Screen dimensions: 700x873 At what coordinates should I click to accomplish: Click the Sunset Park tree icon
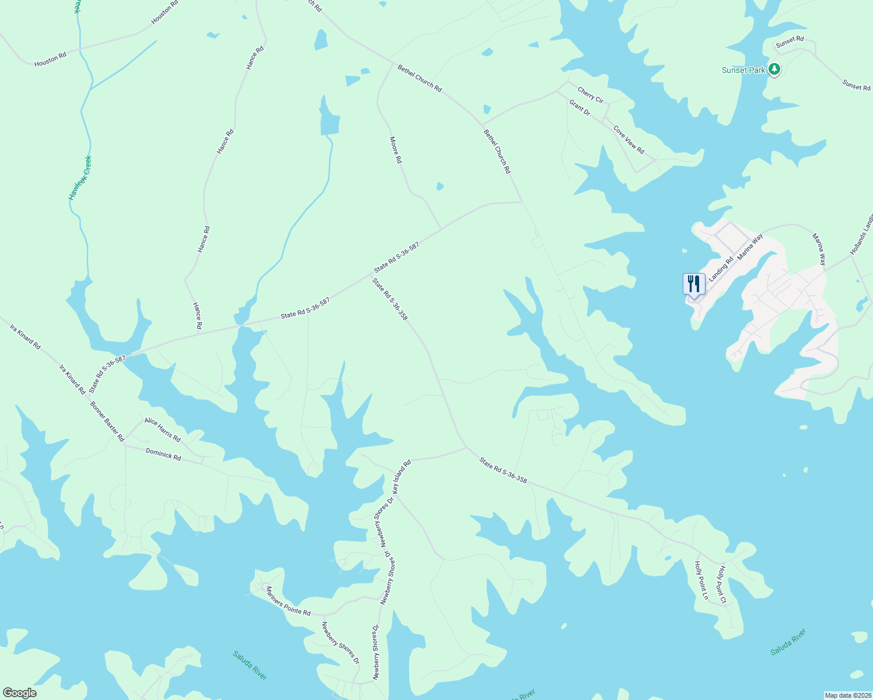coord(774,70)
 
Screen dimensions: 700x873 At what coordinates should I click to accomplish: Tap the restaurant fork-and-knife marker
coord(694,284)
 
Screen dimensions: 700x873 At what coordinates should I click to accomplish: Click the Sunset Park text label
coord(743,70)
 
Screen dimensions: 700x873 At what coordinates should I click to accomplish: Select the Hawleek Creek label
coord(80,178)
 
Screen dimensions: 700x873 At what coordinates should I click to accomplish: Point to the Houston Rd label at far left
coord(50,60)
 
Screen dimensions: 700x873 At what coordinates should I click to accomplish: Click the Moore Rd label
coord(396,150)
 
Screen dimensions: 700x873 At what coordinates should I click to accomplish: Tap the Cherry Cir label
coord(590,94)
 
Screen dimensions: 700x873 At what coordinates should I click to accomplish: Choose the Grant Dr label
coord(579,107)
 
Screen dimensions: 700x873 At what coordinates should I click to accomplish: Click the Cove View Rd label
coord(628,140)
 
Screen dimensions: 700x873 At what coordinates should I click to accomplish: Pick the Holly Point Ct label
coord(722,584)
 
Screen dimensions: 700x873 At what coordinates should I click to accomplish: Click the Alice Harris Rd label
coord(162,430)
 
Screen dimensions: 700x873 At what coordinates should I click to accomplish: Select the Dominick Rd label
coord(163,454)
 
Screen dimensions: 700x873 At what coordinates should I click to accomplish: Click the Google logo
coord(19,693)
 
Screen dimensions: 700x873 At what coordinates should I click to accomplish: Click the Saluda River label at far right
coord(788,642)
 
